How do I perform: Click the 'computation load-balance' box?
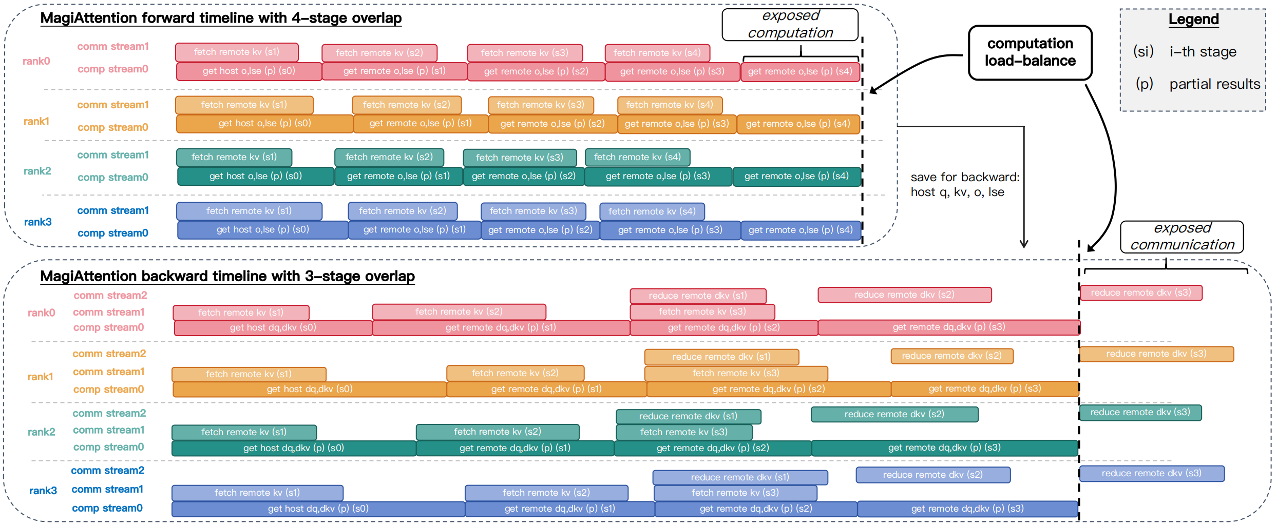click(x=1030, y=52)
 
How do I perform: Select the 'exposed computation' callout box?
click(x=790, y=25)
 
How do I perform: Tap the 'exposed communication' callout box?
click(x=1181, y=237)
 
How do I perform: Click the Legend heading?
click(x=1193, y=20)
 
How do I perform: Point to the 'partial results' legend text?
click(x=1214, y=84)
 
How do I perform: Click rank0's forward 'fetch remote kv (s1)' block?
click(x=237, y=52)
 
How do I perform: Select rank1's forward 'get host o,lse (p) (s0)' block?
click(x=264, y=124)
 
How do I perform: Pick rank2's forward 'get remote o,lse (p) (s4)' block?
click(x=796, y=177)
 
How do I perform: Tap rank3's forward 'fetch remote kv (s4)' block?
click(x=652, y=211)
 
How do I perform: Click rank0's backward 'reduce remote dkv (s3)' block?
click(x=1141, y=293)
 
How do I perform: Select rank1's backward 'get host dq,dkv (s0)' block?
click(x=309, y=390)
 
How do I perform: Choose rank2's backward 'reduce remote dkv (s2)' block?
click(x=894, y=414)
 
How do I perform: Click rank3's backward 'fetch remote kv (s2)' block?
click(x=546, y=493)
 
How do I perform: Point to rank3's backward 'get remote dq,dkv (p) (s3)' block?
click(x=967, y=509)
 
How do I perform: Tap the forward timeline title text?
click(x=221, y=18)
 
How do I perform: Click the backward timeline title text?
click(x=227, y=277)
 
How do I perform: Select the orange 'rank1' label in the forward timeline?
click(x=36, y=122)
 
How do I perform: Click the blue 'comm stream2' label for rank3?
click(x=107, y=471)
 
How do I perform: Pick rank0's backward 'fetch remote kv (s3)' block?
click(x=702, y=312)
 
